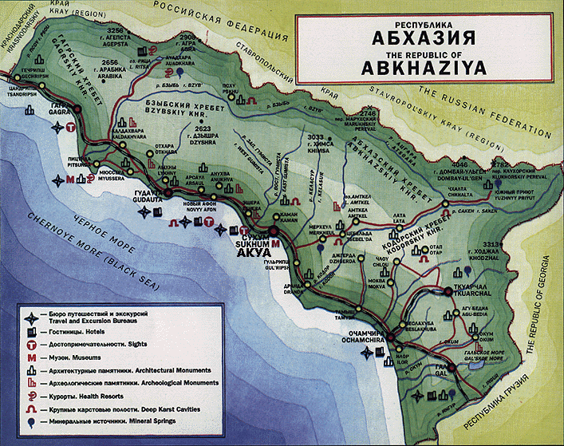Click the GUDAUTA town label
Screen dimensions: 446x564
150,200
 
